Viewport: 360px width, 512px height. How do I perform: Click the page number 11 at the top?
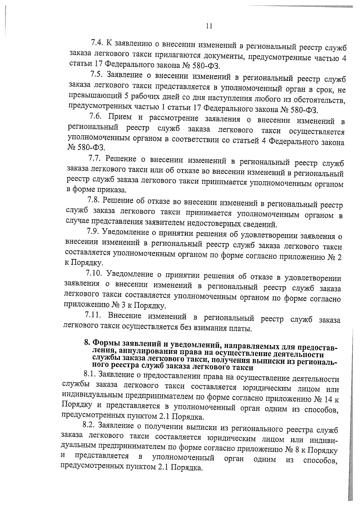coord(209,26)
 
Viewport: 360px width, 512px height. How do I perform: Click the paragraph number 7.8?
coord(94,199)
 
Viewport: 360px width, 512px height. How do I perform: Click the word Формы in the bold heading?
coord(105,342)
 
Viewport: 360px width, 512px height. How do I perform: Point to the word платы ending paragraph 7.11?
coord(241,329)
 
